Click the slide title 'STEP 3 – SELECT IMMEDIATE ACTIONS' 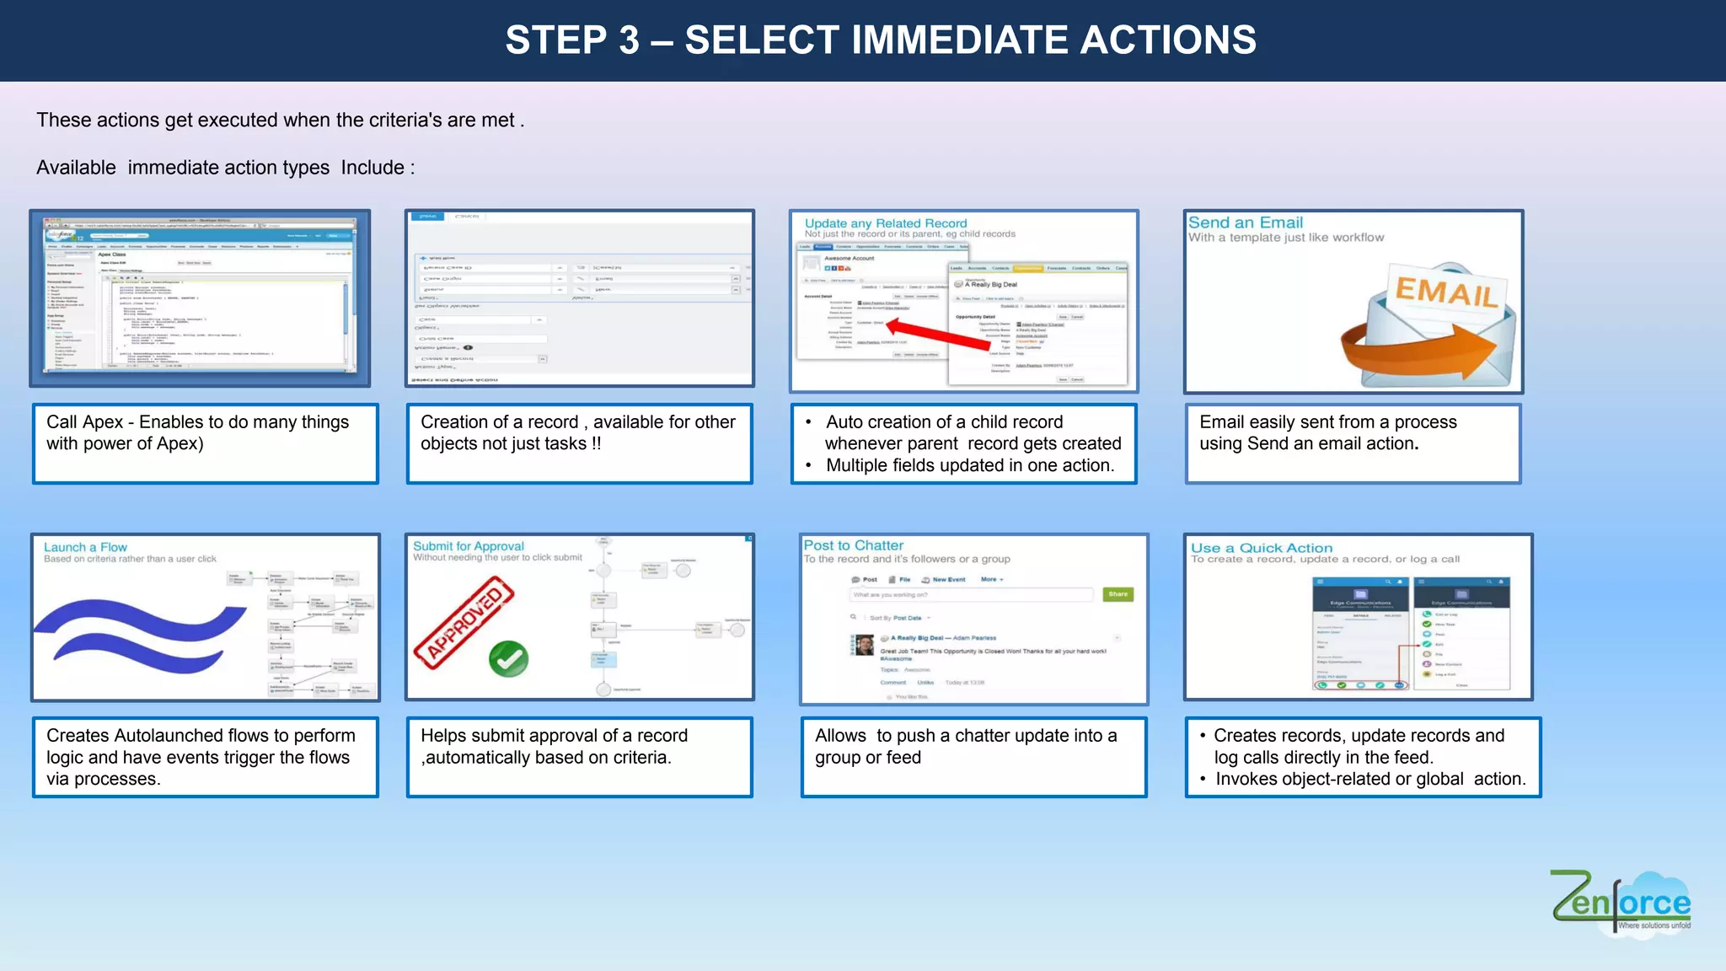880,40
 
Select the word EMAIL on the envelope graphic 1446,292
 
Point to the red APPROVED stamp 464,623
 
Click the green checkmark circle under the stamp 508,660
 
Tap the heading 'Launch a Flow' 85,547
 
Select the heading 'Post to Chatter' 853,545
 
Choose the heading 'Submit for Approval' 468,546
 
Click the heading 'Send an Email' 1245,223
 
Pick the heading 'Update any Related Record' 885,223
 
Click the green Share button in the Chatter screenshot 1118,594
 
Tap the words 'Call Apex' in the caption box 84,422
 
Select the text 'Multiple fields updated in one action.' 969,465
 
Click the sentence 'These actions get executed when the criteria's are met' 275,121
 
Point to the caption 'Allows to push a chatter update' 965,736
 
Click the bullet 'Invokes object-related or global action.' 1370,780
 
